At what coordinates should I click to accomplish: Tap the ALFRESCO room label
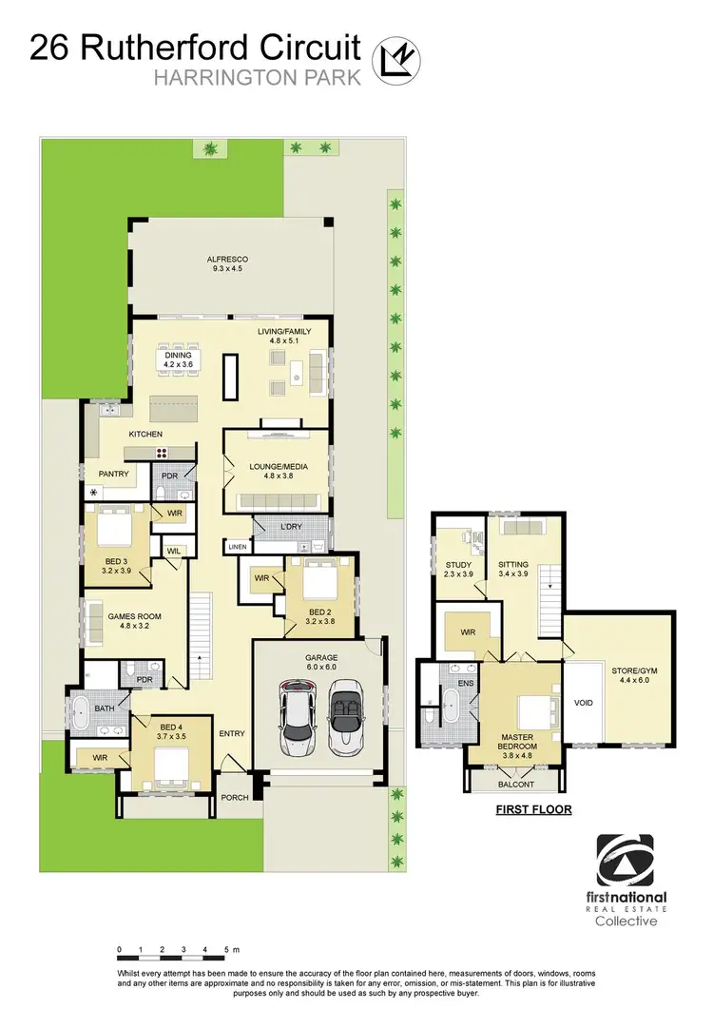(x=228, y=259)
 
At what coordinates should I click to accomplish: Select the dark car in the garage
(x=299, y=712)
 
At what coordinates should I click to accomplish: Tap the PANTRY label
(x=114, y=473)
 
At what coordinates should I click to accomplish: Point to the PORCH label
(x=236, y=797)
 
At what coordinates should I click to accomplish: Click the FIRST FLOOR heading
(x=525, y=811)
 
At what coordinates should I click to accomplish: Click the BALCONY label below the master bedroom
(x=516, y=785)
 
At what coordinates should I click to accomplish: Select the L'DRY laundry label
(x=290, y=526)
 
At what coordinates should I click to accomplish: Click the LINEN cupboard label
(x=237, y=547)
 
